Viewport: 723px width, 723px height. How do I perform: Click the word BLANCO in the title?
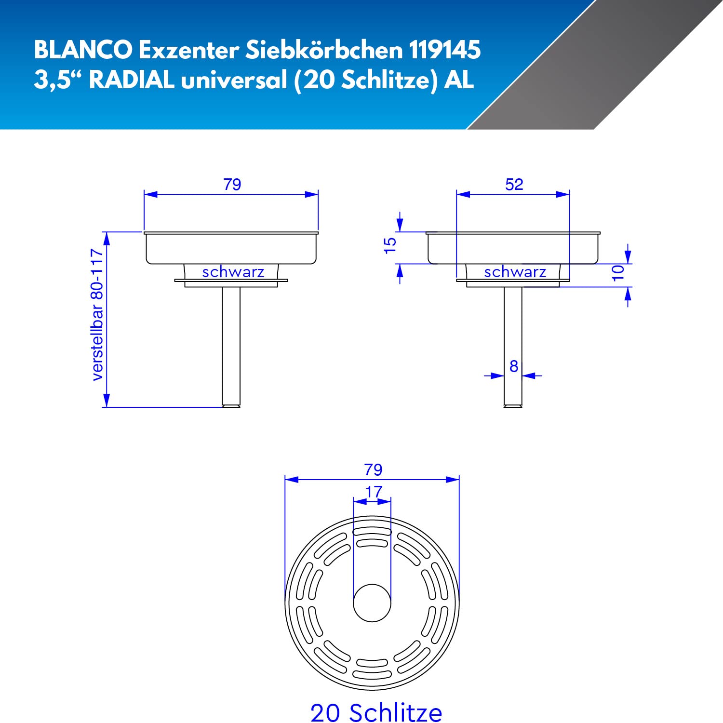click(x=83, y=50)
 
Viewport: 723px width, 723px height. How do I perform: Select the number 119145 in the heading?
click(x=444, y=50)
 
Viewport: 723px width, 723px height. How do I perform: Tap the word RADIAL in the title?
click(x=132, y=80)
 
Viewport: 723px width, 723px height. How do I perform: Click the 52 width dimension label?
click(x=514, y=184)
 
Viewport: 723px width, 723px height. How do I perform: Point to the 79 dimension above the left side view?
click(x=232, y=184)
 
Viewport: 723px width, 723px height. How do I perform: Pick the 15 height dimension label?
click(x=389, y=245)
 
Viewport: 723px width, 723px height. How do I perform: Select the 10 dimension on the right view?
click(x=617, y=272)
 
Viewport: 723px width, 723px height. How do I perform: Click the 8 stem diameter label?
click(x=514, y=366)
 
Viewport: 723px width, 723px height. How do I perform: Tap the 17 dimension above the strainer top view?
click(x=374, y=492)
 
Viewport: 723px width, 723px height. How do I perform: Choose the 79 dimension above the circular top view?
click(x=374, y=469)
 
